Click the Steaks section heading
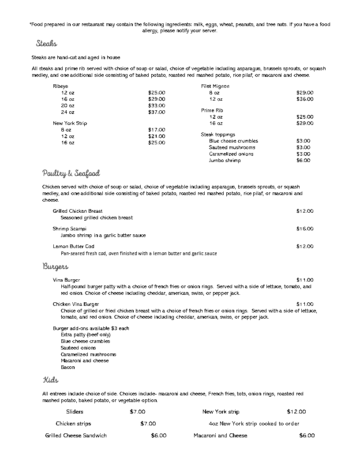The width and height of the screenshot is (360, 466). point(46,44)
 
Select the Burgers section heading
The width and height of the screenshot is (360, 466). point(55,267)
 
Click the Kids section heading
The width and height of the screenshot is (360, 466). point(50,380)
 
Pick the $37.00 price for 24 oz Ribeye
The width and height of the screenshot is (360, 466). point(157,112)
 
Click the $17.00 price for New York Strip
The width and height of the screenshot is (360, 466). point(157,130)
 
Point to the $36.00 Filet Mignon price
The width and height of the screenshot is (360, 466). point(305,99)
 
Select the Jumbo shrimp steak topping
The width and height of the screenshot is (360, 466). point(225,161)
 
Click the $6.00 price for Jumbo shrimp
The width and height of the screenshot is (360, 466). point(303,161)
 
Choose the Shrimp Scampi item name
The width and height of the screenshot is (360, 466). point(70,229)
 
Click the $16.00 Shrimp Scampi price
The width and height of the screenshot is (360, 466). point(305,229)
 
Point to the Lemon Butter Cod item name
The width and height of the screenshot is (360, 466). point(74,246)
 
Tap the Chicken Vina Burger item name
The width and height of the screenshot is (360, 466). point(76,304)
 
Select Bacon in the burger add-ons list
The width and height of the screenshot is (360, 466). point(68,367)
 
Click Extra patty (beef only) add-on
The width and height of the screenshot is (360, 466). point(86,334)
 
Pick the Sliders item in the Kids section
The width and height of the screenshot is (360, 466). point(75,412)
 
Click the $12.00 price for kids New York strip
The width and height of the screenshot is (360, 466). point(296,412)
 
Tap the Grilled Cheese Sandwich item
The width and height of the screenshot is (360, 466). point(76,436)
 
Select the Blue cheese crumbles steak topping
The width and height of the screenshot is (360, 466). point(233,141)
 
